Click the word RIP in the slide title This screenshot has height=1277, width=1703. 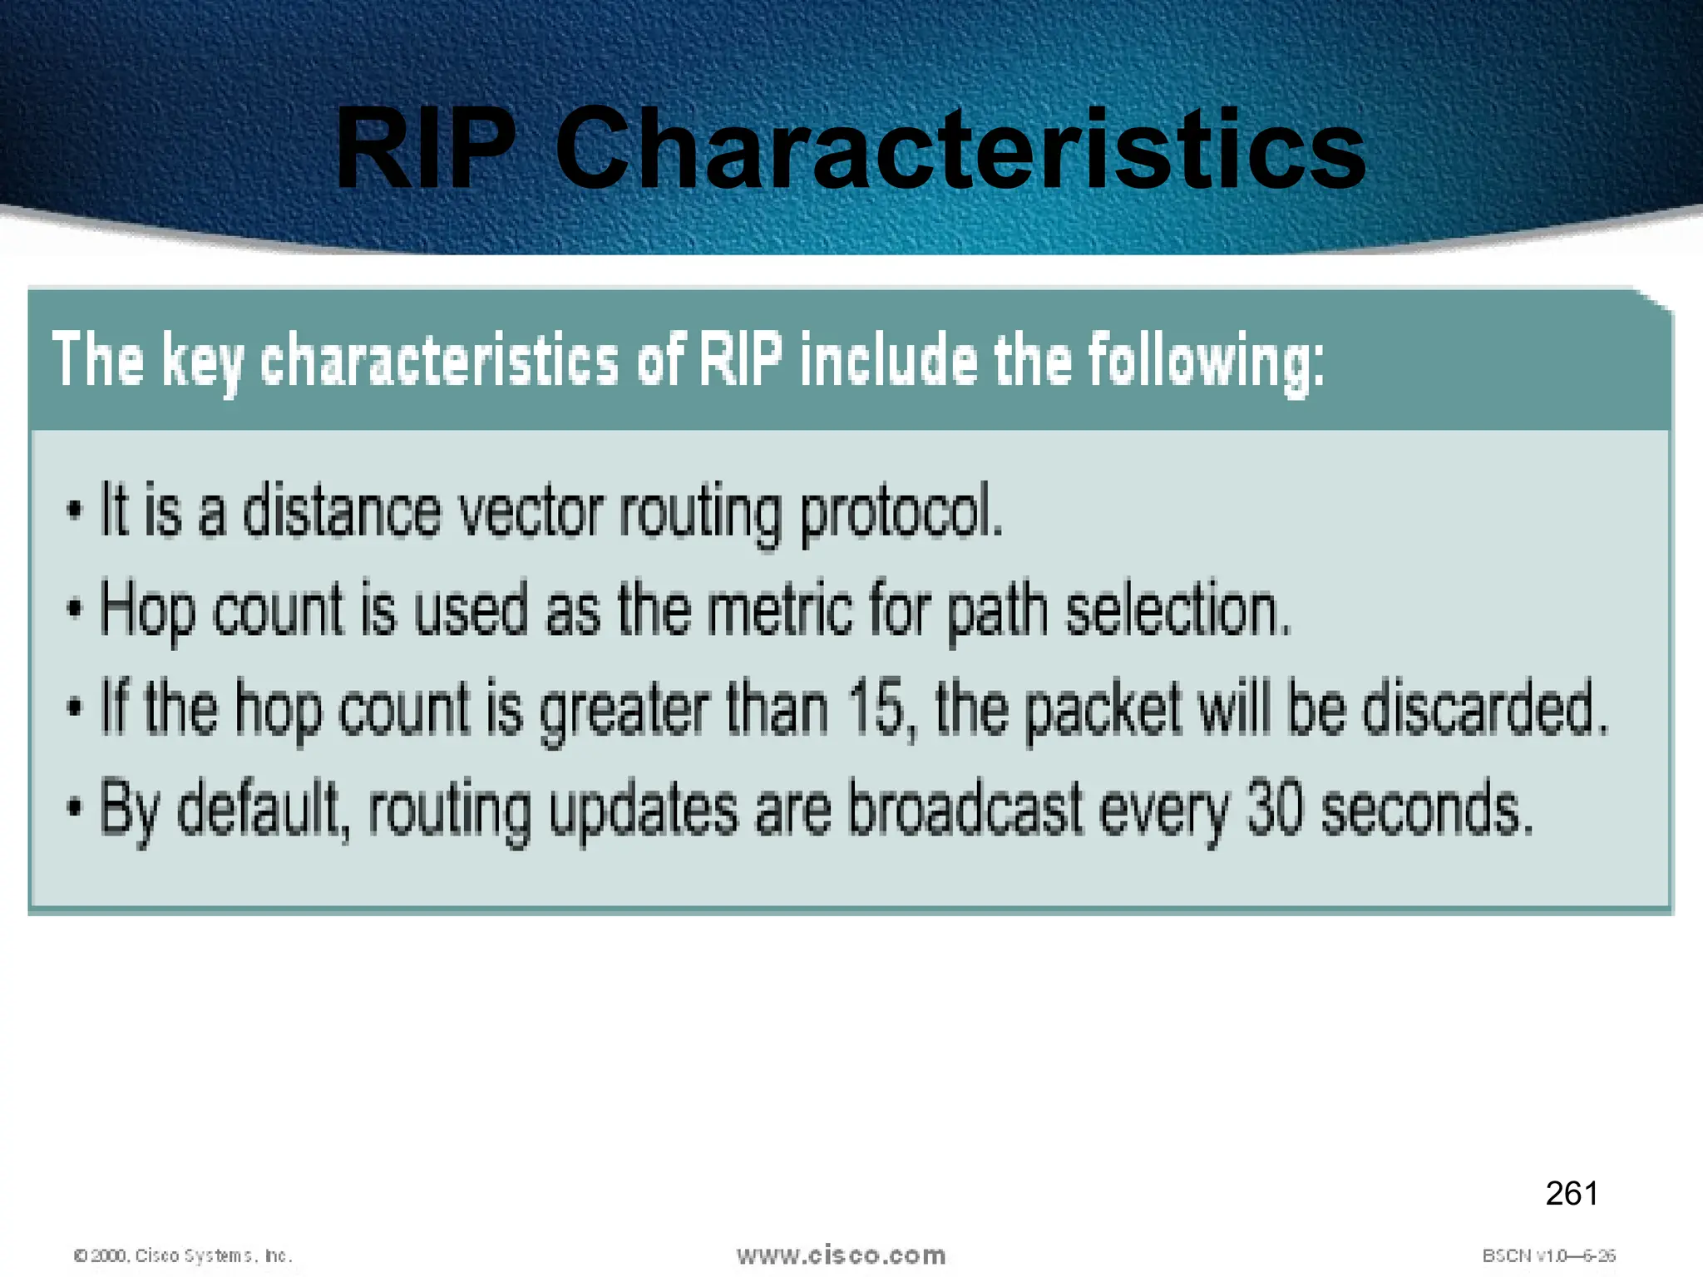[426, 150]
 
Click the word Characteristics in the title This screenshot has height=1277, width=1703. [960, 150]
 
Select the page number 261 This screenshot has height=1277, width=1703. [1572, 1194]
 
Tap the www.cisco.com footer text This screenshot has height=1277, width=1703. [841, 1255]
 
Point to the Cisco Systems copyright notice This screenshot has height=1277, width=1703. [183, 1255]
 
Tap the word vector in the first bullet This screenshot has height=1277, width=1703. [531, 510]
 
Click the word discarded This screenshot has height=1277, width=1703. [1486, 708]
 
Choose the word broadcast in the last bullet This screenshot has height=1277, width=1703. [965, 808]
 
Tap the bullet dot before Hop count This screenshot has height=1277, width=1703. [75, 610]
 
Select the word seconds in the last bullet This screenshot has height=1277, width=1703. [1427, 808]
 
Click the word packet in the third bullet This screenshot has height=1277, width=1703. [1103, 708]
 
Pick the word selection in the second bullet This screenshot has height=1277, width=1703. [1178, 609]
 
